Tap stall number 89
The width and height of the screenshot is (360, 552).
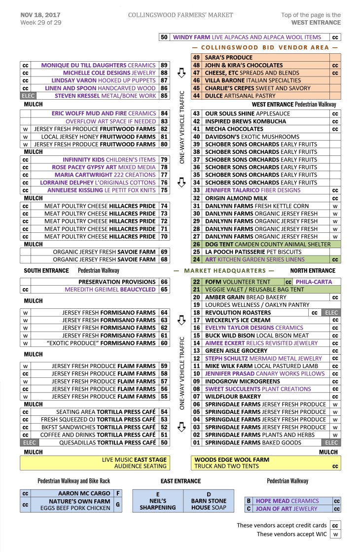point(164,65)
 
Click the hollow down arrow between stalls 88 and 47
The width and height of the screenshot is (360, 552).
point(181,73)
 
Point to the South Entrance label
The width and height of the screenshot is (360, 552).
point(46,271)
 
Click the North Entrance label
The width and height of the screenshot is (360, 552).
point(312,271)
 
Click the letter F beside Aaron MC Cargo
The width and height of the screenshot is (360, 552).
point(117,493)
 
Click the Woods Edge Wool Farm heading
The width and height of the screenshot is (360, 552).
point(232,459)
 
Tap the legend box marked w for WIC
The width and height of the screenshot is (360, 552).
point(335,535)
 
